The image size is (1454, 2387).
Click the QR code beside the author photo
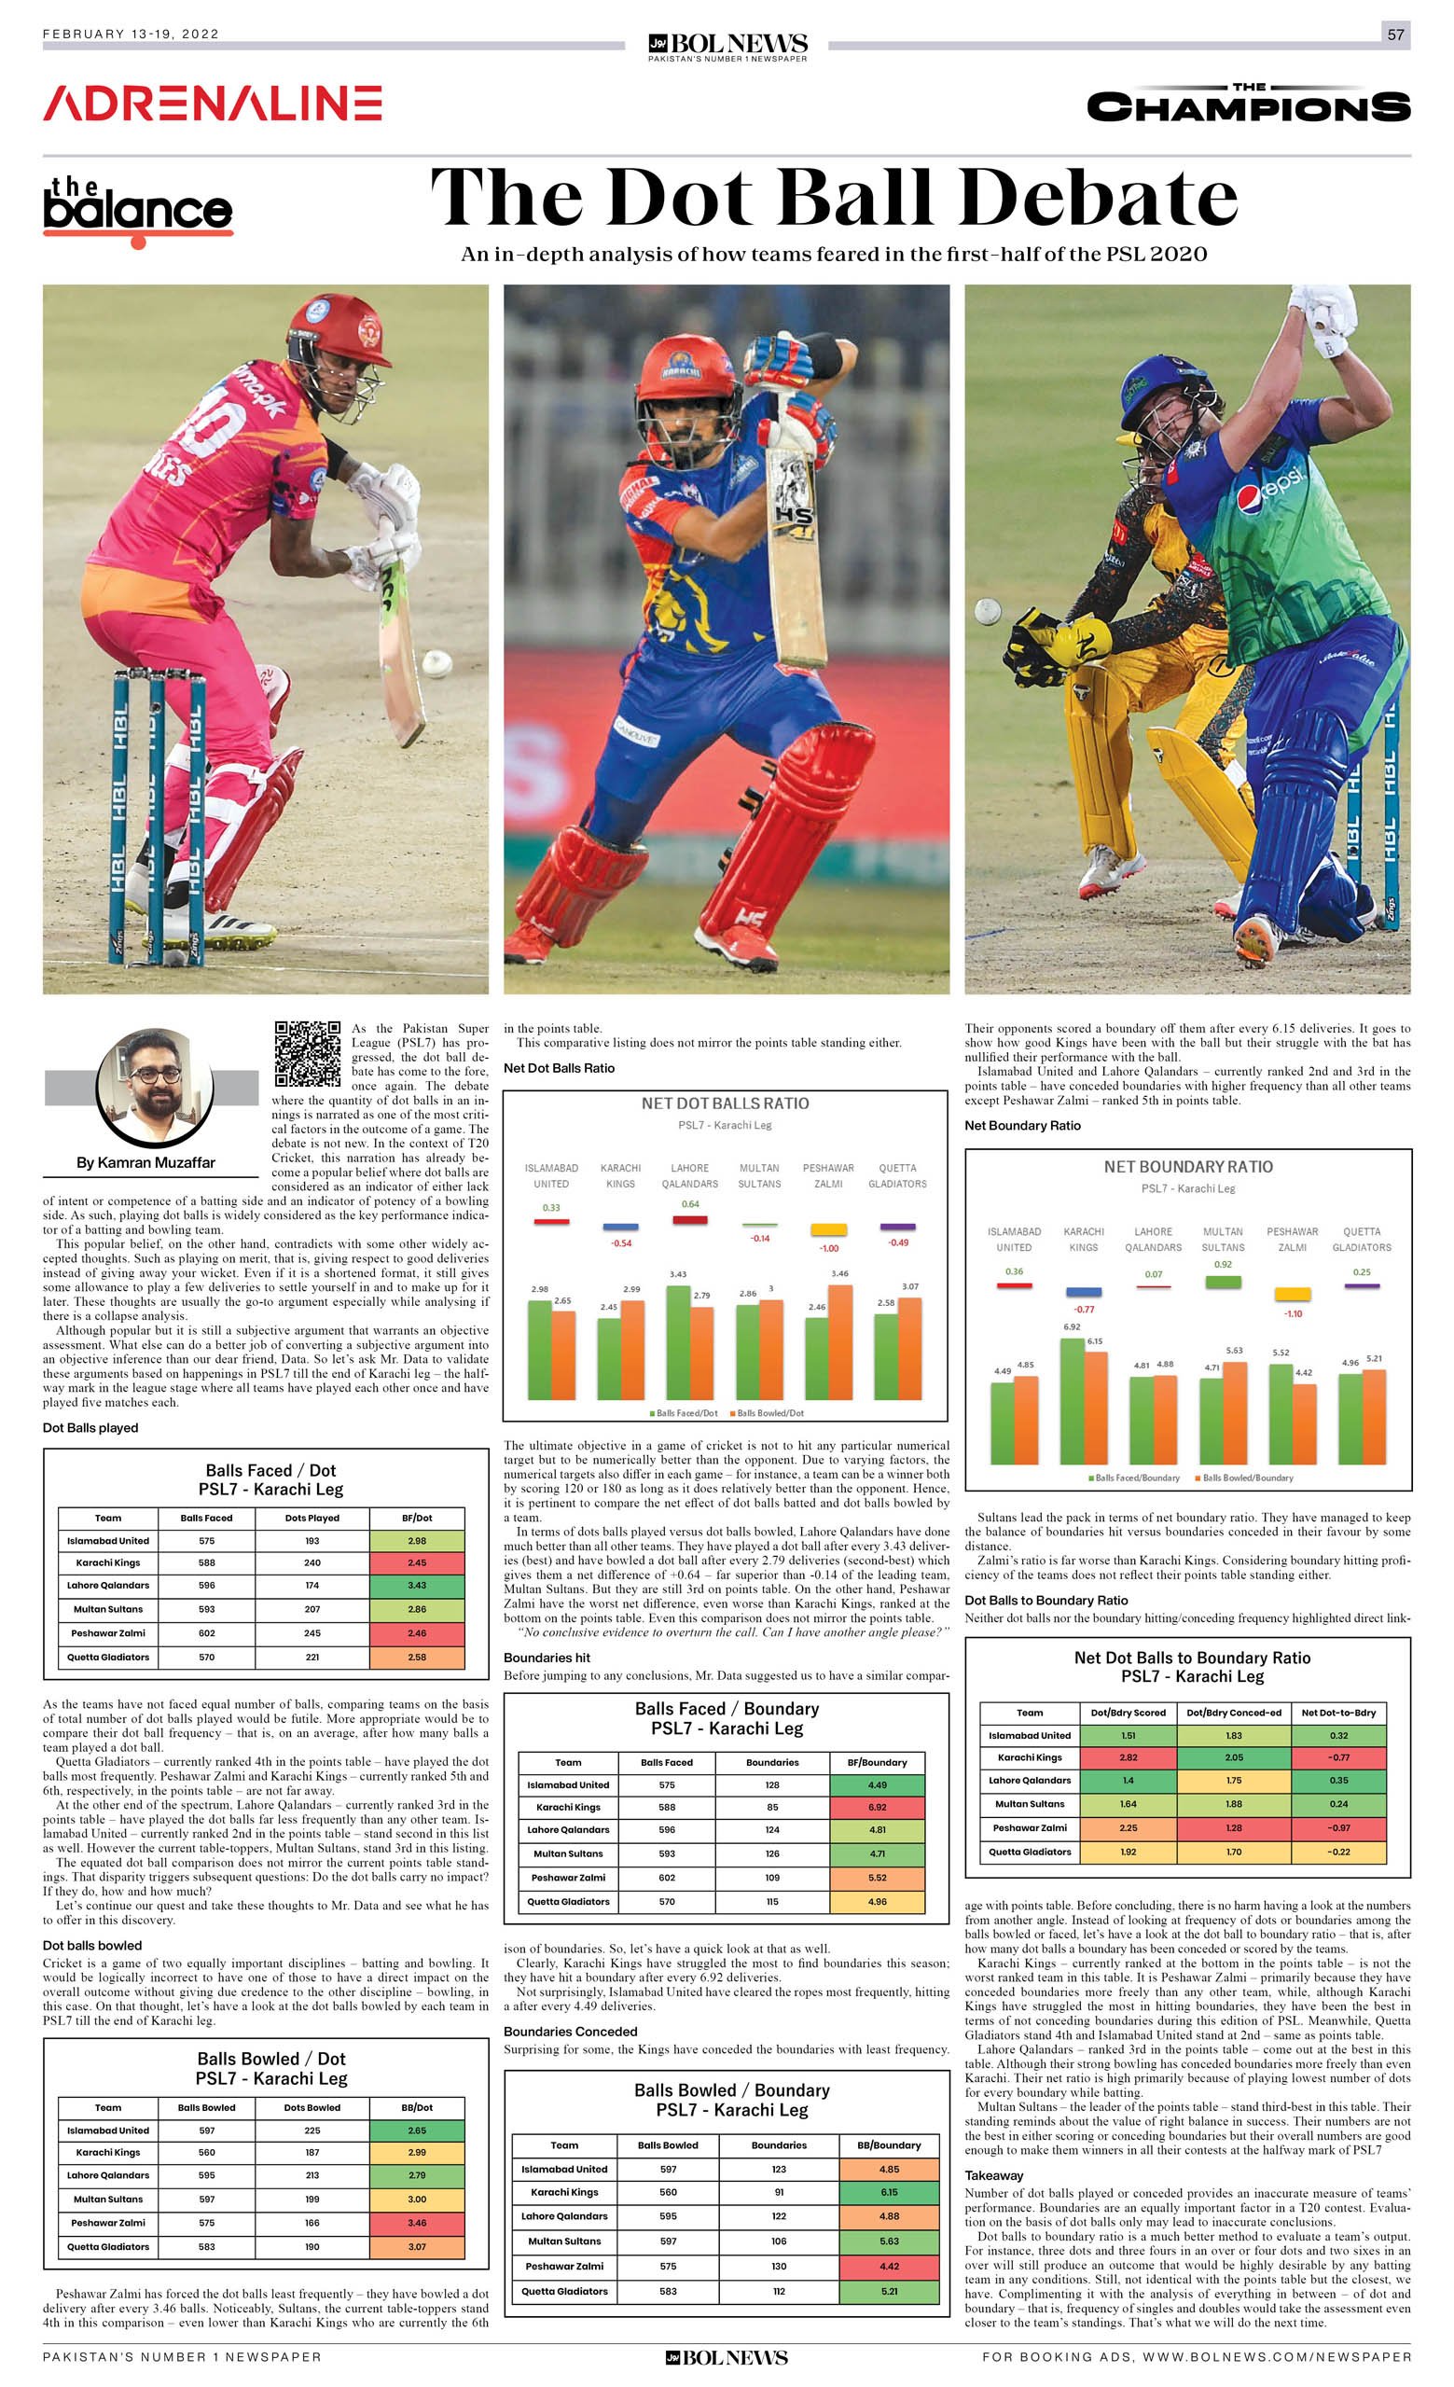point(307,1053)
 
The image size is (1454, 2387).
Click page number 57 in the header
point(1395,35)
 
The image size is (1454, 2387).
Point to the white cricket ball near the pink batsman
point(436,663)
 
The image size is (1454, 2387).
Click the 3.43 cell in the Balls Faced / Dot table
point(417,1586)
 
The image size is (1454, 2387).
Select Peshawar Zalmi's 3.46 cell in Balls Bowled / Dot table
point(417,2223)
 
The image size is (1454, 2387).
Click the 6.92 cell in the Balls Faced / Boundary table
point(878,1808)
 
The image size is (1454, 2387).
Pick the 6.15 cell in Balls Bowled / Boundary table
point(889,2192)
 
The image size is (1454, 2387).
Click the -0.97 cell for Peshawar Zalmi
point(1338,1828)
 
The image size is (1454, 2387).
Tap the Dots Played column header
point(312,1518)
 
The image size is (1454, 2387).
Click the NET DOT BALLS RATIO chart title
point(725,1103)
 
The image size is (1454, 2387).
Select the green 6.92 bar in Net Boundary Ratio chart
point(1073,1400)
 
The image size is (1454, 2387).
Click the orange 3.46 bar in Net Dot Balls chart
point(840,1341)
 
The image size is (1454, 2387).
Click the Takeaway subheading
point(993,2176)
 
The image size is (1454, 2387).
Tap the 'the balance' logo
point(137,208)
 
